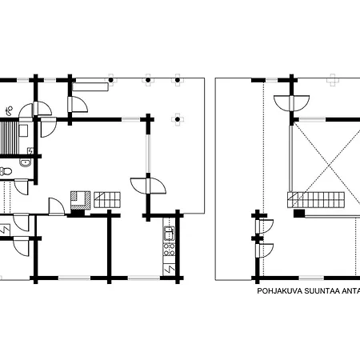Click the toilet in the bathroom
coord(6,171)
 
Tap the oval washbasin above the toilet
coord(26,162)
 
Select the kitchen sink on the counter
coord(169,233)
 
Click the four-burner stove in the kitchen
coord(169,249)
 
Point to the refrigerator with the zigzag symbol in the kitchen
coord(169,270)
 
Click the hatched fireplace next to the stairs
coord(80,200)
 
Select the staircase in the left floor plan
coord(107,199)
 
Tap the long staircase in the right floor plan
coord(316,200)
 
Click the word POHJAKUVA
coord(280,291)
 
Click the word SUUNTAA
coord(322,291)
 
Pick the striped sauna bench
coord(10,138)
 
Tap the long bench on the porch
coord(90,87)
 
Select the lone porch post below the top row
coord(178,119)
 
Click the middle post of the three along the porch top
coord(148,80)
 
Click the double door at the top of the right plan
coord(292,103)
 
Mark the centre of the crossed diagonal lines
coord(330,166)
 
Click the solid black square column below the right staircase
coord(299,213)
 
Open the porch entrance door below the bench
coord(78,105)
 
